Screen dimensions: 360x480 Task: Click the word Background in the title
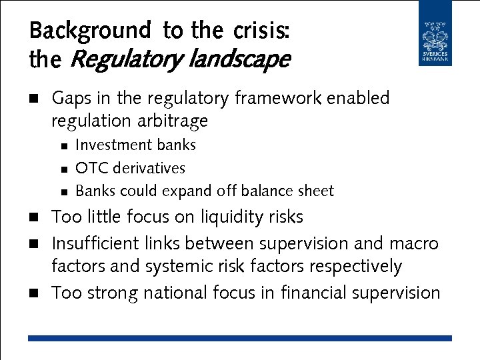pos(91,31)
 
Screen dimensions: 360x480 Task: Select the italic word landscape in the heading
pos(239,61)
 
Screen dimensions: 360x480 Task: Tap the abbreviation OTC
pos(89,169)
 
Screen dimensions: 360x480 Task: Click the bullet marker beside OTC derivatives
pos(63,169)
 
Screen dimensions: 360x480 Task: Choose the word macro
pos(413,243)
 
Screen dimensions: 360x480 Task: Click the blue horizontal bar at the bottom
pos(240,339)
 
